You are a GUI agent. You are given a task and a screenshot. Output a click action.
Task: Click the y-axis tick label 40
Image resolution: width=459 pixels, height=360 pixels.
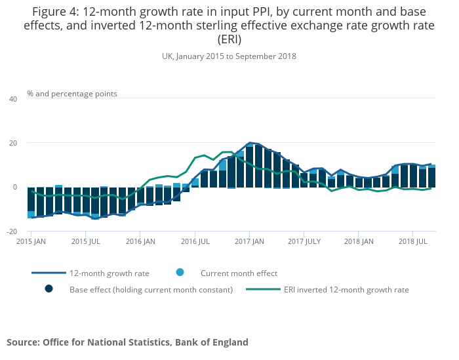click(x=12, y=99)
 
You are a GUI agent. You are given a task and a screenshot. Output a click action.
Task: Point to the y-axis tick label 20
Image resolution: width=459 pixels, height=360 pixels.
click(x=12, y=143)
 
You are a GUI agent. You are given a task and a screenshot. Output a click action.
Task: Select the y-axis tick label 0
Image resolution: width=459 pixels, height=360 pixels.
click(x=14, y=187)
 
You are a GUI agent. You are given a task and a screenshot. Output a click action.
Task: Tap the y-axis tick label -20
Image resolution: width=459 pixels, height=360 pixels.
click(x=11, y=231)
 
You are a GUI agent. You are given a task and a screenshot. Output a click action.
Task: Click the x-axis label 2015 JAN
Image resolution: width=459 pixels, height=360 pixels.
click(x=31, y=241)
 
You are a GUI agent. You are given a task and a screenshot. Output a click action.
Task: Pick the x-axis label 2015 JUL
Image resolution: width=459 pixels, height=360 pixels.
click(x=85, y=241)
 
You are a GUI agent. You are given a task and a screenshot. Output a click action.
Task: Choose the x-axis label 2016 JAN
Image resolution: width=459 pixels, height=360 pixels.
click(x=140, y=241)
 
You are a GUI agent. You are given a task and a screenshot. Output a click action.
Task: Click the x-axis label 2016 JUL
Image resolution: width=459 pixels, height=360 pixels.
click(x=195, y=241)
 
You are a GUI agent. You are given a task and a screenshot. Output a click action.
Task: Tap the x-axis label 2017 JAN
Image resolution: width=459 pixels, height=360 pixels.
click(x=249, y=241)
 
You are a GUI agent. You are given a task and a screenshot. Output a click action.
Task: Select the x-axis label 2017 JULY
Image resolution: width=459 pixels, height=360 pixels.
click(x=304, y=241)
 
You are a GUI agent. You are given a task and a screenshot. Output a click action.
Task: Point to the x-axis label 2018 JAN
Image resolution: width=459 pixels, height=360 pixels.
click(x=359, y=241)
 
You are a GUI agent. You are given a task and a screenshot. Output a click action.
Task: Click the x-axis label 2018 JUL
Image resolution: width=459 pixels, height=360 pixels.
click(x=412, y=241)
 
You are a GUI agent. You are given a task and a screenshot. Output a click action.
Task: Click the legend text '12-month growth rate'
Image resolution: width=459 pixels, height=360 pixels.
click(x=110, y=273)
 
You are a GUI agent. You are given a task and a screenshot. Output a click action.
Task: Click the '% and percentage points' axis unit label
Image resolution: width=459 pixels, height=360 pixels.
click(x=72, y=94)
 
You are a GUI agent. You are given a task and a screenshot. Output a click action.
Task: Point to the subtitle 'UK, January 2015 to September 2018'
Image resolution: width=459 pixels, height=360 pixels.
click(x=229, y=56)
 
